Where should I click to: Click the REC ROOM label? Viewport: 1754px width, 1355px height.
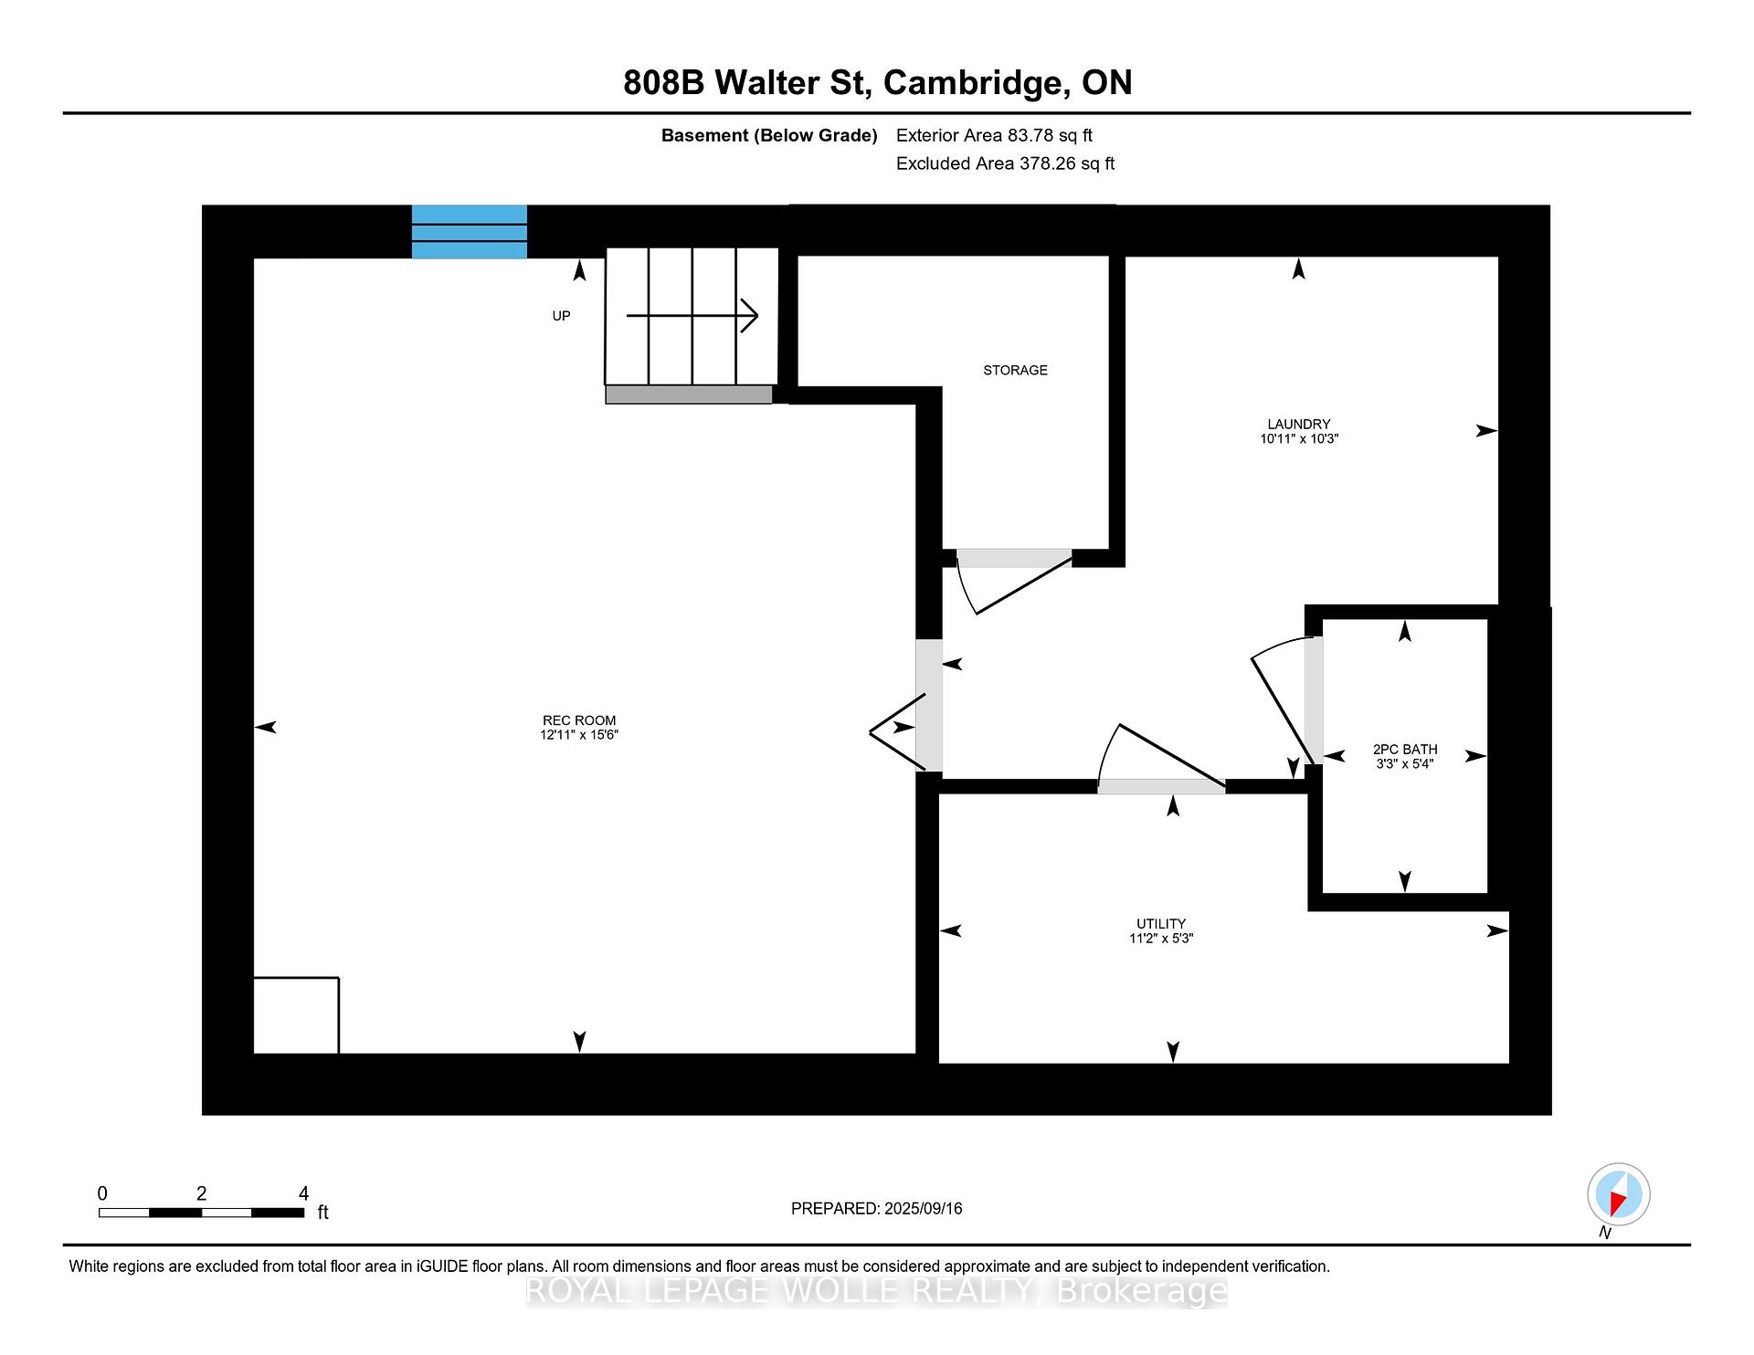tap(579, 720)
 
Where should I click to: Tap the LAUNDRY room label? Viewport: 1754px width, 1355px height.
tap(1298, 424)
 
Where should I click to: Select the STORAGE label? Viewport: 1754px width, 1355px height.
tap(1015, 370)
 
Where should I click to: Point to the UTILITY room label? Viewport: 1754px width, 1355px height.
tap(1161, 923)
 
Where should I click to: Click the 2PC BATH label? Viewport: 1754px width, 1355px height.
tap(1405, 749)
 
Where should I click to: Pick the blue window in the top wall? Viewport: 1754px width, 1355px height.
tap(470, 232)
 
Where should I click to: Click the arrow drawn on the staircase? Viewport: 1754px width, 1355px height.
tap(692, 316)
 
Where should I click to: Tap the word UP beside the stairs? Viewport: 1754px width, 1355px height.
tap(561, 316)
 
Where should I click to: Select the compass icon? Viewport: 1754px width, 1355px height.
tap(1618, 1194)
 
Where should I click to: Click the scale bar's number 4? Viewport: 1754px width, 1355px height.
tap(304, 1193)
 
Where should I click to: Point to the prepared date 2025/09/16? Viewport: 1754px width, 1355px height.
tap(923, 1208)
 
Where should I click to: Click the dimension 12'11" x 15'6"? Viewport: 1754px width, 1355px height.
tap(579, 734)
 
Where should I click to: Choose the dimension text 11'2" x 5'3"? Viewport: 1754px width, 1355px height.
tap(1161, 938)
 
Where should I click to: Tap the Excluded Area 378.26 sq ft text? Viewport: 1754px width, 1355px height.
tap(1005, 163)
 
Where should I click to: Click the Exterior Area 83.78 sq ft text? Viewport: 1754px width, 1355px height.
tap(994, 135)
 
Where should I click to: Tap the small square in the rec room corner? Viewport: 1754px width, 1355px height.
tap(296, 1015)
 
